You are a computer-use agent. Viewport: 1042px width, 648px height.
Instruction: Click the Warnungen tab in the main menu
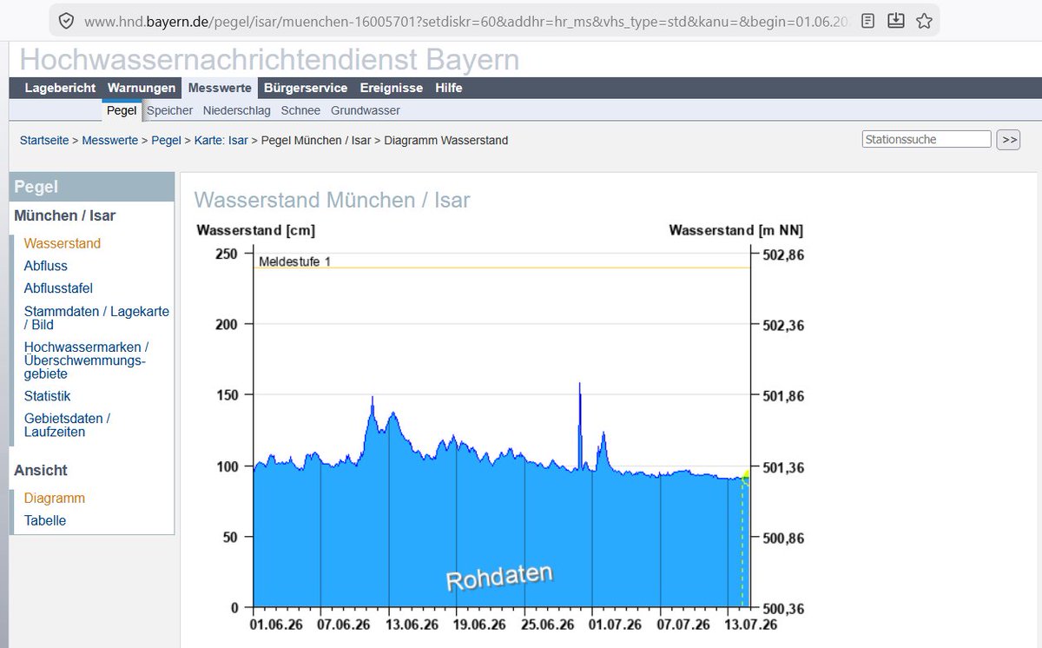142,88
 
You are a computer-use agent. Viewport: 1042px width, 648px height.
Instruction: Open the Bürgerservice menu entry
306,88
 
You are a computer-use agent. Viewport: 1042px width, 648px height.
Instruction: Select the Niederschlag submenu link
236,110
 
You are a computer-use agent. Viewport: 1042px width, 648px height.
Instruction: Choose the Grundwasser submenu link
366,110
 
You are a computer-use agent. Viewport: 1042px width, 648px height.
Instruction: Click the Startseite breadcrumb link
44,141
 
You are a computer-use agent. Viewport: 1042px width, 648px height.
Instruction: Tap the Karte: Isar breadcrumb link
221,141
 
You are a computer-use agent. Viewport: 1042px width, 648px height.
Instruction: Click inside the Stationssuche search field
927,140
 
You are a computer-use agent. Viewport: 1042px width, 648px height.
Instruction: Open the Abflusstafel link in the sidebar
58,288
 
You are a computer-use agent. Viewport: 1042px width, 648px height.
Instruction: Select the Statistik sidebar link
47,396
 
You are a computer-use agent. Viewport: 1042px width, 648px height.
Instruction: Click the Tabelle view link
44,520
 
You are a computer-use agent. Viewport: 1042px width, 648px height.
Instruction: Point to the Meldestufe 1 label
294,262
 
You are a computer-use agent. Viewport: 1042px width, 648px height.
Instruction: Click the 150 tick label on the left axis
227,395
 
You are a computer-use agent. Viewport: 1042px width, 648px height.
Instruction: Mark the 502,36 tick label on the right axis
783,326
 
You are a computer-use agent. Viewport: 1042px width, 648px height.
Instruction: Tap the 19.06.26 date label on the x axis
479,625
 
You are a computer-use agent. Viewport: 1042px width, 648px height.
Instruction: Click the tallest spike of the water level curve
580,383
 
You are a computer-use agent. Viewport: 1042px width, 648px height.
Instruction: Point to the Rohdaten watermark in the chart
499,578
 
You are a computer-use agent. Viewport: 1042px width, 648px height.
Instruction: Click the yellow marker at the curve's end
746,477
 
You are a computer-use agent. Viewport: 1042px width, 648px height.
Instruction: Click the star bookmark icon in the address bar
924,21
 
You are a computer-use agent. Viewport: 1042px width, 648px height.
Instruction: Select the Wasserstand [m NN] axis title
736,230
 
